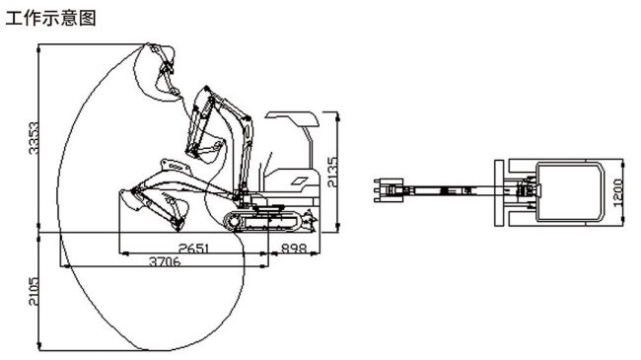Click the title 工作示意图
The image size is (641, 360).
[51, 17]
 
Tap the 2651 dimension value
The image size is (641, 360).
[192, 247]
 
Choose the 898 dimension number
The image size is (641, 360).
[293, 247]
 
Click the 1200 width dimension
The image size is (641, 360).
[618, 188]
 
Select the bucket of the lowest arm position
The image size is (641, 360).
[132, 201]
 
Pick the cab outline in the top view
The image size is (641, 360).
[572, 187]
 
